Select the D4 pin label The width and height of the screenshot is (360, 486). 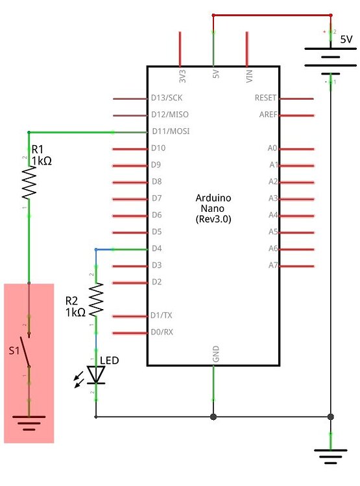point(156,249)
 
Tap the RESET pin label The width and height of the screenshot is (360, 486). point(266,98)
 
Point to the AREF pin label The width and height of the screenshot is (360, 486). point(267,115)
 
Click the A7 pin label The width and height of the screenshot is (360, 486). point(273,265)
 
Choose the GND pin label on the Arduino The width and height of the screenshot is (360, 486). point(216,354)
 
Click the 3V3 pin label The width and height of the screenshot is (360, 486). point(182,76)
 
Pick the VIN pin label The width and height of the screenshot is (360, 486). point(248,76)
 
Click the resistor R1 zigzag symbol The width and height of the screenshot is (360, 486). point(29,183)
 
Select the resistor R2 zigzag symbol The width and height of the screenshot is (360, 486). point(97,299)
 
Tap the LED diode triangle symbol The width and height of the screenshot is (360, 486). point(97,374)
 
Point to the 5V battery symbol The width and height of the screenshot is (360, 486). point(331,56)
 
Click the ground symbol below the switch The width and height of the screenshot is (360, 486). point(29,424)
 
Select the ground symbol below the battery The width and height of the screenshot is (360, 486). point(331,457)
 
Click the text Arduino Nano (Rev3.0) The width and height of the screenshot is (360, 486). point(213,208)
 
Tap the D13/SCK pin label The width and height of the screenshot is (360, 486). point(167,98)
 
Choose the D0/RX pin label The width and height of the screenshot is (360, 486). point(162,332)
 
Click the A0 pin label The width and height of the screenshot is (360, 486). point(273,148)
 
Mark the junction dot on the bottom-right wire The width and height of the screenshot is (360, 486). point(331,417)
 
